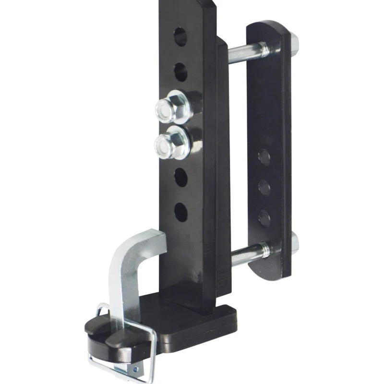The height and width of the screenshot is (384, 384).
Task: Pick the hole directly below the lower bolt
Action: point(180,177)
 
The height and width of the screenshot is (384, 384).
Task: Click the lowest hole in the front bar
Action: point(180,212)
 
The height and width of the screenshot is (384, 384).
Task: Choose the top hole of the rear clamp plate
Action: point(264,157)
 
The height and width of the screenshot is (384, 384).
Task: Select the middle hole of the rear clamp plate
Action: point(264,187)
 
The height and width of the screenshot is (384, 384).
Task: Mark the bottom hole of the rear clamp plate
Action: point(264,218)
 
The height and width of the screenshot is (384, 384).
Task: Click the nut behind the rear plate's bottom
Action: point(294,243)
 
